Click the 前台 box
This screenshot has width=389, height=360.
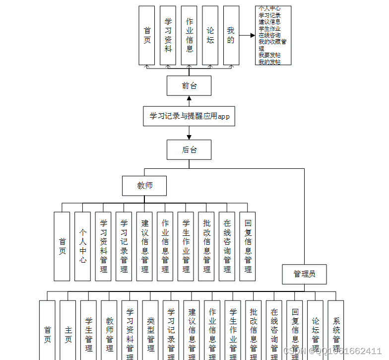189,85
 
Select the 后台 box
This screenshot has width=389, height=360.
189,149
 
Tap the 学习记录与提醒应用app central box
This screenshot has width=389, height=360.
189,116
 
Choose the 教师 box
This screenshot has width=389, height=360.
144,186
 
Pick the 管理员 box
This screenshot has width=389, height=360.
304,274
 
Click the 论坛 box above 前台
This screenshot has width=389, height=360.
210,35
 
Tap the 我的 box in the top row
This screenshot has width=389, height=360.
231,35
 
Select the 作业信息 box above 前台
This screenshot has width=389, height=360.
189,35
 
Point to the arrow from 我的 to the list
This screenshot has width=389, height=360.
247,35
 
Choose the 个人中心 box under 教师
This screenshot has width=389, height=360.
82,246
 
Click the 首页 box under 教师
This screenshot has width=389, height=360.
62,246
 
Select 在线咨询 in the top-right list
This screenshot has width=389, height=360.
269,35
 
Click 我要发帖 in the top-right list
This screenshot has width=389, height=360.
269,55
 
